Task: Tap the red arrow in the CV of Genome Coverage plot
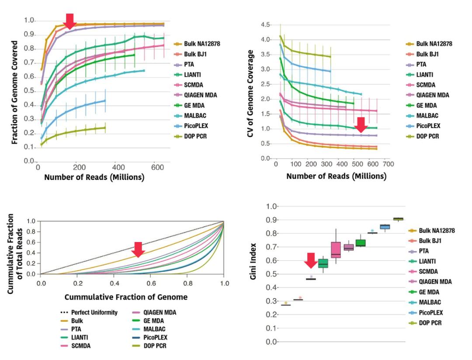click(361, 125)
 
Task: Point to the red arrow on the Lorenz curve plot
click(138, 249)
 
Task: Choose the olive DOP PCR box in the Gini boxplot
click(398, 219)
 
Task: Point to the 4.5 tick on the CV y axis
click(265, 24)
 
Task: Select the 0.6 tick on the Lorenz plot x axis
click(151, 283)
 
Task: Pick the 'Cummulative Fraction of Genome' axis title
click(126, 297)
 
